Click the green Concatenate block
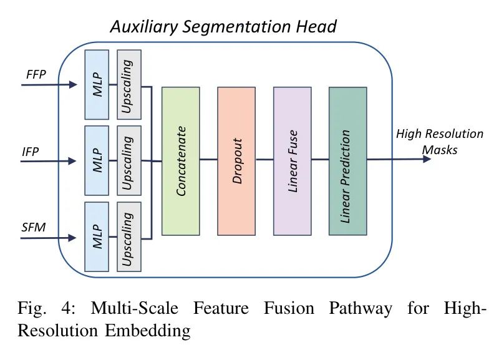[180, 161]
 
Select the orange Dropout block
[236, 161]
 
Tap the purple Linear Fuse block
[292, 161]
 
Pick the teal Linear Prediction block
[347, 161]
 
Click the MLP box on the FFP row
[97, 84]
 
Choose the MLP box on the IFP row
[97, 160]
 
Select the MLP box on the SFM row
[97, 236]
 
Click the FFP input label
[36, 73]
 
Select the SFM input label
[34, 226]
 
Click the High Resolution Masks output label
[439, 142]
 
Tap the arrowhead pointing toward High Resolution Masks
[426, 159]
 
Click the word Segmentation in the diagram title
[238, 26]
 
